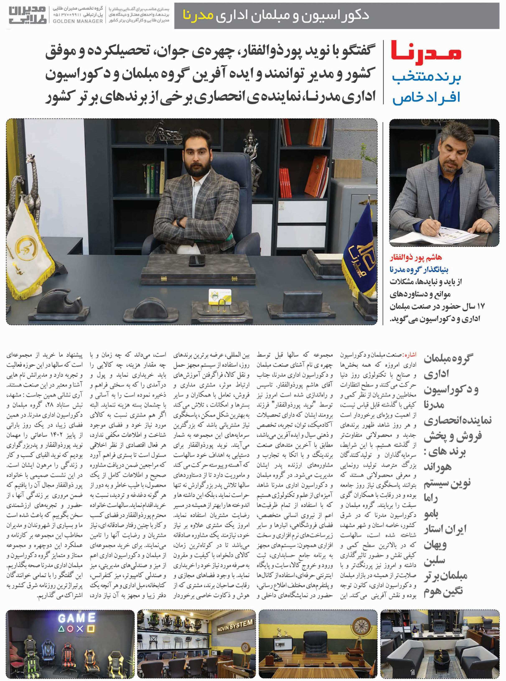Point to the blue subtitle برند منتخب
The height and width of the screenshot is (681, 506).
pos(426,77)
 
